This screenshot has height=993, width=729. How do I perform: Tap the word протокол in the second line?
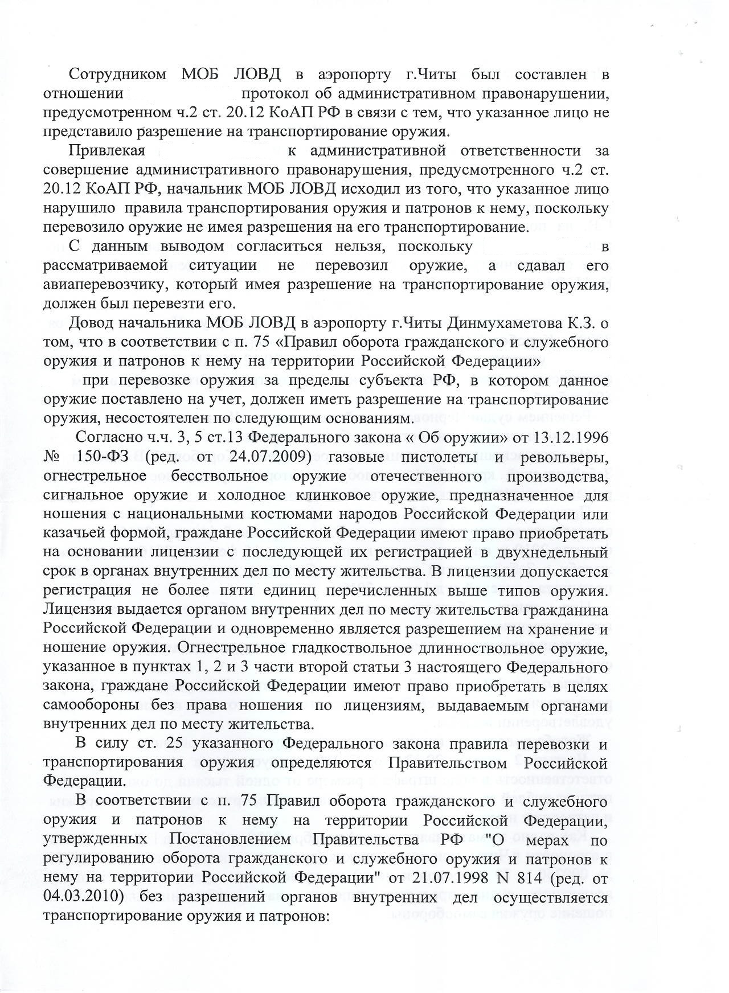click(273, 93)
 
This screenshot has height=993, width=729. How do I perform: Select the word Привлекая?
click(108, 151)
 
